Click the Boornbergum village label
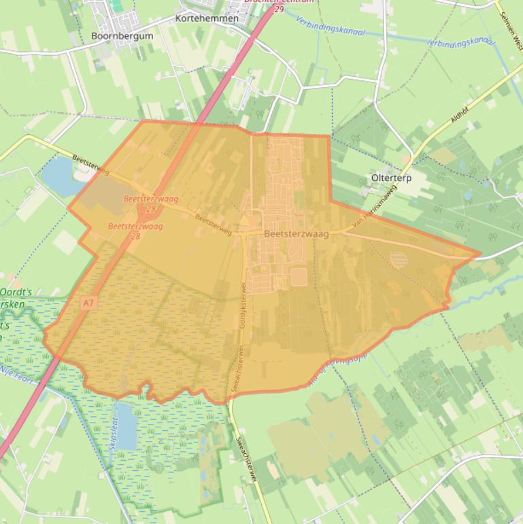point(122,35)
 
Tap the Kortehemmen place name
point(207,18)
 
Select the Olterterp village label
point(391,178)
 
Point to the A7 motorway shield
point(88,301)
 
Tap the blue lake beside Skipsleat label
point(125,425)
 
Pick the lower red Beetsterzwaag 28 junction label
point(135,229)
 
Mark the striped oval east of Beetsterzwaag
point(401,259)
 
